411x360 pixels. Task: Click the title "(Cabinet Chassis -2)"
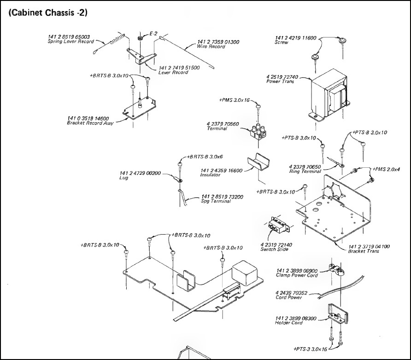(x=48, y=13)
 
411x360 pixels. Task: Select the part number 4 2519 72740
(x=282, y=77)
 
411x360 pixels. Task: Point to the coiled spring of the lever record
(x=117, y=39)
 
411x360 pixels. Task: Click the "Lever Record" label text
(x=173, y=72)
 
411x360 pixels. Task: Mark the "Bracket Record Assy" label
(x=90, y=123)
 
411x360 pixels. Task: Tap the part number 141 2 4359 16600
(x=221, y=171)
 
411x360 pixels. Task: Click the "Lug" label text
(x=123, y=178)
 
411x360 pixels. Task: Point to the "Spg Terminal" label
(x=216, y=201)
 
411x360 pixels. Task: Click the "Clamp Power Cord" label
(x=297, y=275)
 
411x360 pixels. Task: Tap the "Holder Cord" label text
(x=289, y=323)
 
